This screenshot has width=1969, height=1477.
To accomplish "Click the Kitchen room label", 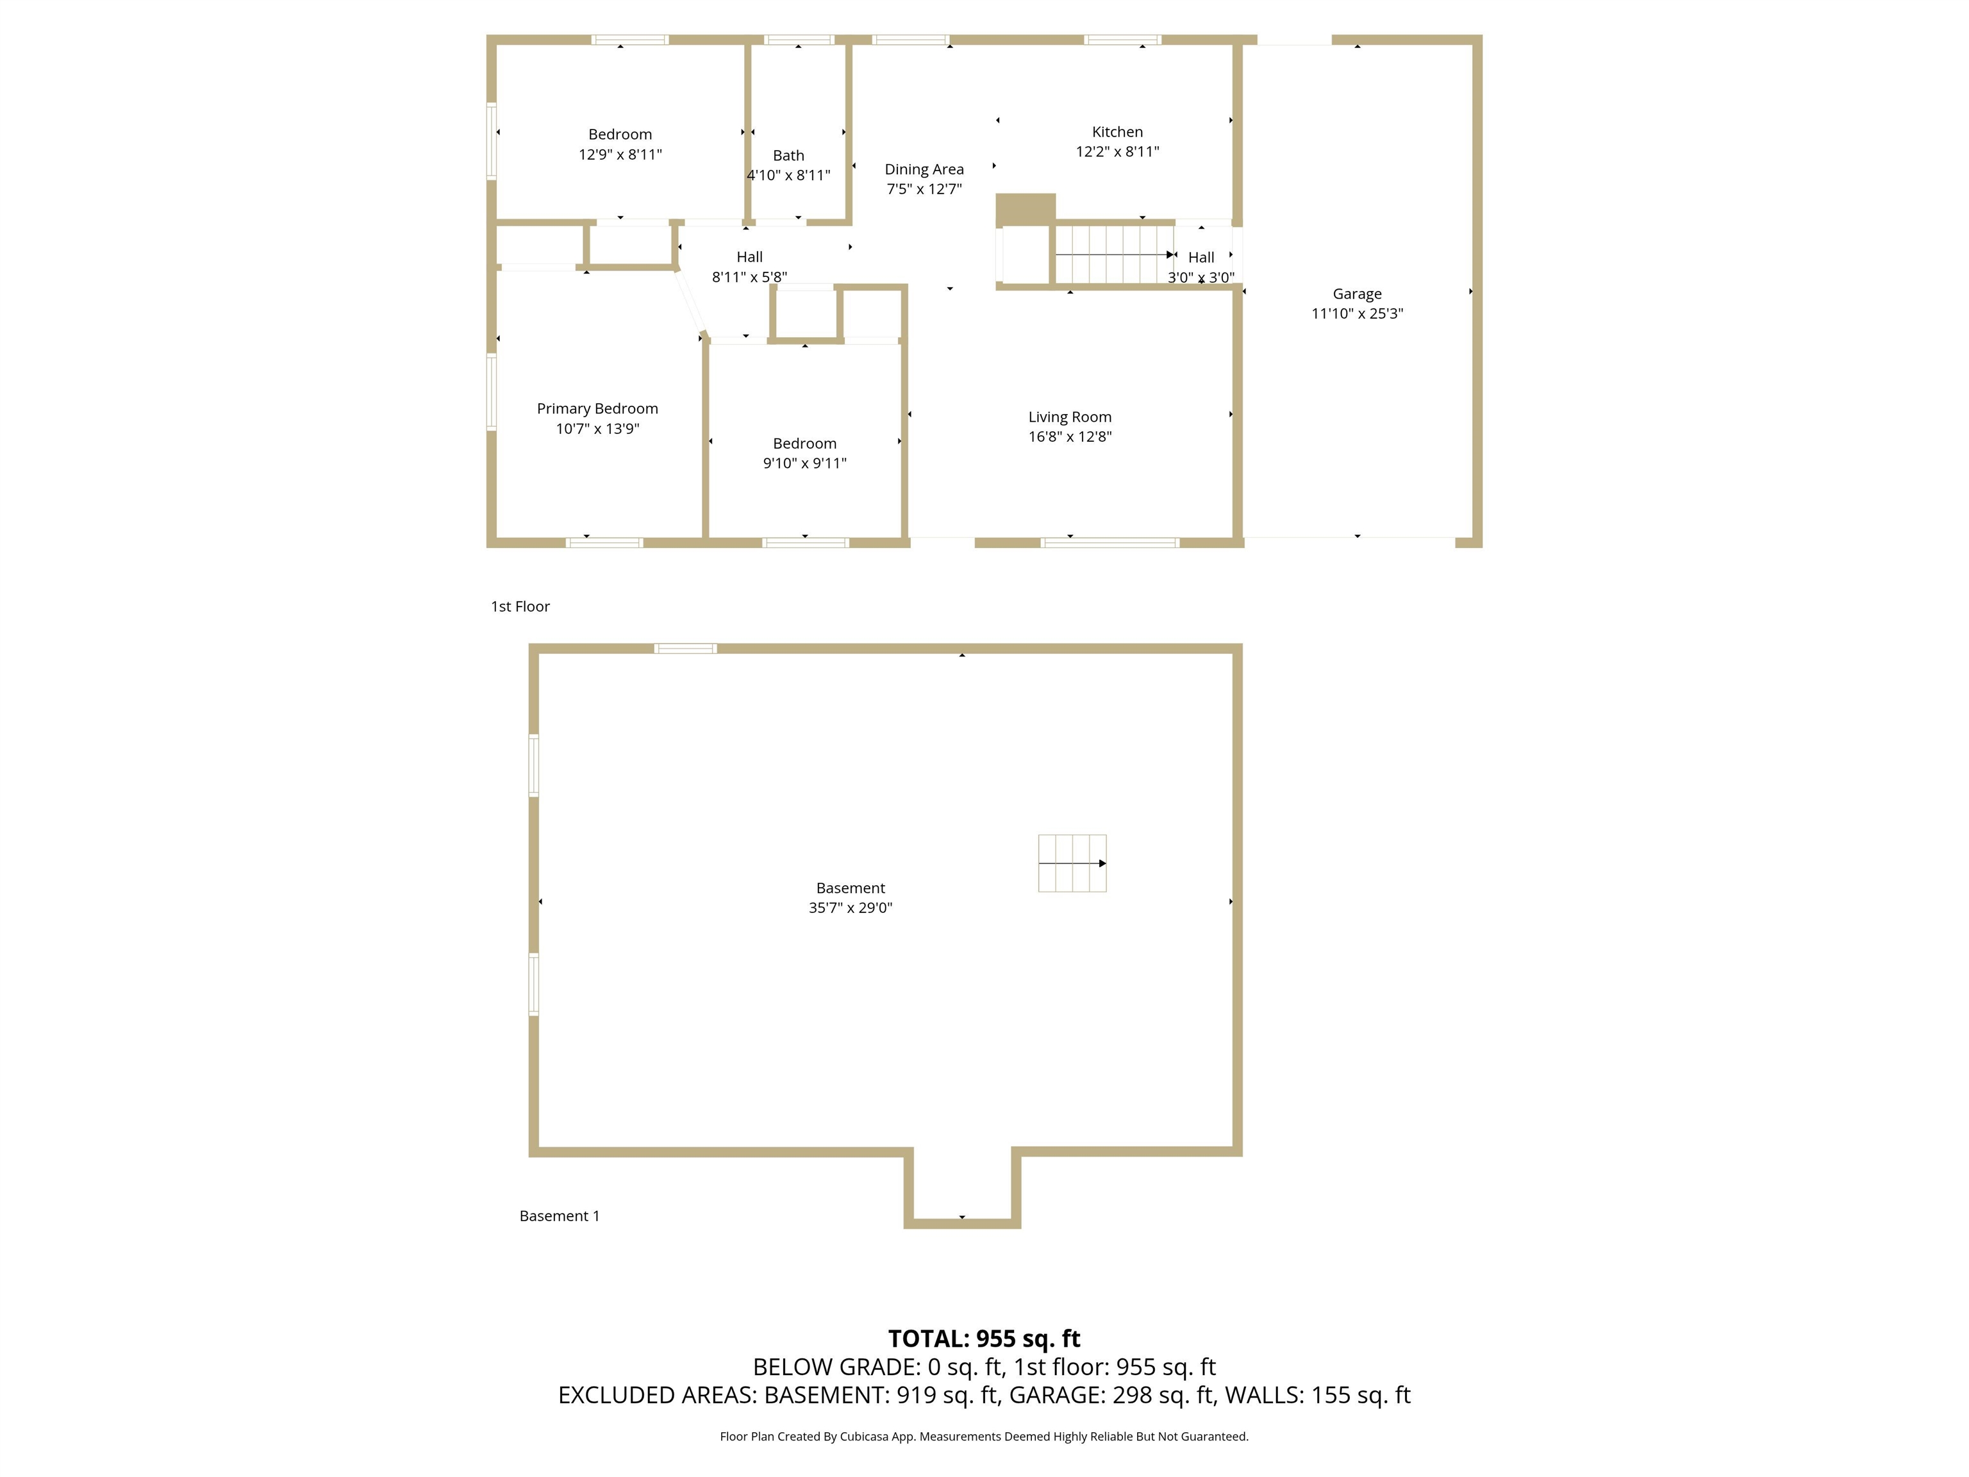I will tap(1117, 132).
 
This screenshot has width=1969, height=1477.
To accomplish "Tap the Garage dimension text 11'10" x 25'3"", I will tap(1357, 313).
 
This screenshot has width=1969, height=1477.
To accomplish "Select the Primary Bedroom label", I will tap(597, 408).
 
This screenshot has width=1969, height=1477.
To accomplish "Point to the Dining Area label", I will tap(924, 169).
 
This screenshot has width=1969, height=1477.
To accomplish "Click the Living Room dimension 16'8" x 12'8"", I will tap(1070, 437).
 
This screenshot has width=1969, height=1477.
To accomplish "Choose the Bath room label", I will tap(788, 156).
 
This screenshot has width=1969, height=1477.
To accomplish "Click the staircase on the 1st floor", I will tap(1113, 255).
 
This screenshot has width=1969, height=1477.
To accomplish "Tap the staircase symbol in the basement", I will tap(1072, 863).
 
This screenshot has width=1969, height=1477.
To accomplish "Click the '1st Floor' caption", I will tap(520, 606).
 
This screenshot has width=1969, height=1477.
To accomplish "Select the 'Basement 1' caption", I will tap(559, 1216).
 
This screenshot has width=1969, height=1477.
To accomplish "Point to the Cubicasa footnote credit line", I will tap(984, 1436).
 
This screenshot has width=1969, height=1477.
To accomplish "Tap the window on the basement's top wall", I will tap(685, 649).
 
